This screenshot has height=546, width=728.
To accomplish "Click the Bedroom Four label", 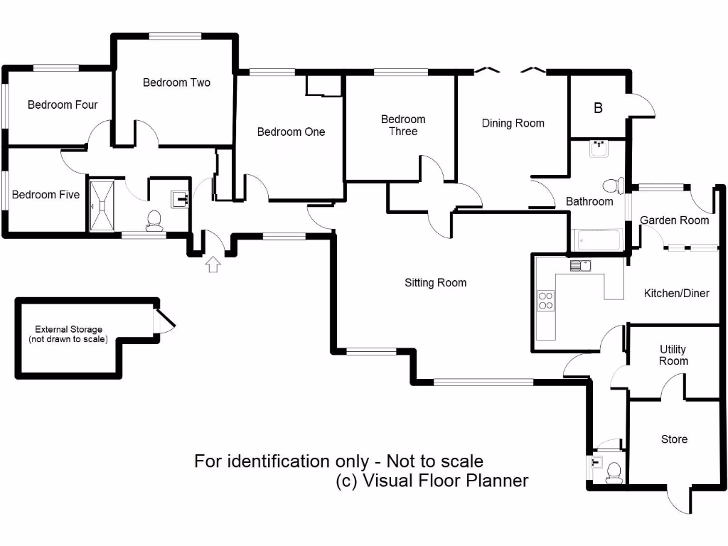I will pyautogui.click(x=63, y=105).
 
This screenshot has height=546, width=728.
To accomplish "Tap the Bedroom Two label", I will pyautogui.click(x=176, y=82).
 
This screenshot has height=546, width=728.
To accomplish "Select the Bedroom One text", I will pyautogui.click(x=291, y=132).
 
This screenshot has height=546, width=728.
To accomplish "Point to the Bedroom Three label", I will pyautogui.click(x=403, y=125).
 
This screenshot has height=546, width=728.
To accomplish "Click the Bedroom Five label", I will pyautogui.click(x=45, y=194).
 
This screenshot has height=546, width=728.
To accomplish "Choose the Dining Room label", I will pyautogui.click(x=513, y=123).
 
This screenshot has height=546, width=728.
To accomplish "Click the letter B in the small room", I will pyautogui.click(x=598, y=108).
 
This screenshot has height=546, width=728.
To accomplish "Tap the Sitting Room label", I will pyautogui.click(x=435, y=283).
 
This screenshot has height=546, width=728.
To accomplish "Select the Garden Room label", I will pyautogui.click(x=674, y=220).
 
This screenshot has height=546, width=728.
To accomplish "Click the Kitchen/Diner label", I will pyautogui.click(x=676, y=293).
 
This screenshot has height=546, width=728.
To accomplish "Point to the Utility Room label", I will pyautogui.click(x=673, y=355).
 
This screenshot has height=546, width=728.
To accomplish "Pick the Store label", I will pyautogui.click(x=674, y=439).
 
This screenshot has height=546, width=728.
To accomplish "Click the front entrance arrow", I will pyautogui.click(x=213, y=265).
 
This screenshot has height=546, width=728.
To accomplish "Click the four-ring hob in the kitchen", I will pyautogui.click(x=546, y=301).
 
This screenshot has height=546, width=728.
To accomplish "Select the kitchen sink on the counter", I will pyautogui.click(x=580, y=266).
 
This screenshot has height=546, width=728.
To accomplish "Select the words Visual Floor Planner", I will pyautogui.click(x=445, y=481).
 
